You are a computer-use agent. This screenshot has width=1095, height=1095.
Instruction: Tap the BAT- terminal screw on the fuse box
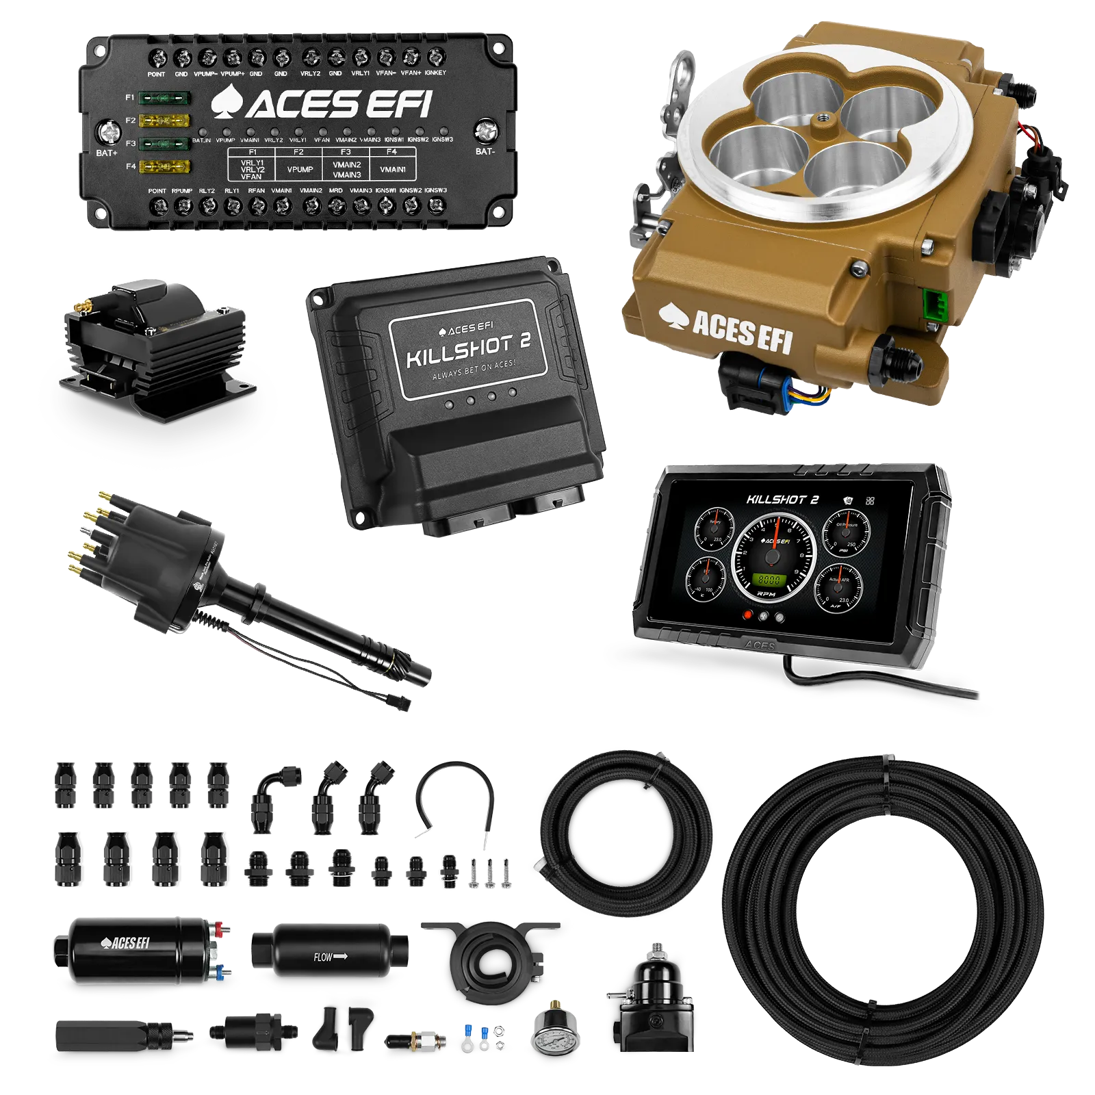click(x=485, y=129)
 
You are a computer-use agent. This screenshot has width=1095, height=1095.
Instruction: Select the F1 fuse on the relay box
click(x=164, y=99)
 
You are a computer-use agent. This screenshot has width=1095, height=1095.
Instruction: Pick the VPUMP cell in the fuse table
click(x=300, y=169)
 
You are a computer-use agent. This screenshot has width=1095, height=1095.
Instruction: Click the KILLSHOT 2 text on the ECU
click(x=468, y=350)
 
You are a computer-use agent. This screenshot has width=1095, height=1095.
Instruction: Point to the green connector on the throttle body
click(x=931, y=306)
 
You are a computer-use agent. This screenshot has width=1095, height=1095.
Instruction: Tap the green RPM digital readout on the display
click(x=769, y=580)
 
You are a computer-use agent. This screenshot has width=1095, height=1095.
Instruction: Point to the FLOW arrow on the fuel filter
click(x=331, y=957)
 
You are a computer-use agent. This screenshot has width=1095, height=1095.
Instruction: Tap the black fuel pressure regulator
click(x=650, y=1006)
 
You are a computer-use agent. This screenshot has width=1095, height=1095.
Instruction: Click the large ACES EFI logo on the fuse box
click(x=322, y=104)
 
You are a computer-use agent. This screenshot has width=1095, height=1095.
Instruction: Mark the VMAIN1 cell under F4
click(x=393, y=169)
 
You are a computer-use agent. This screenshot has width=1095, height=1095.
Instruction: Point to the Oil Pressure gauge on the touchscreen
click(x=846, y=532)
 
